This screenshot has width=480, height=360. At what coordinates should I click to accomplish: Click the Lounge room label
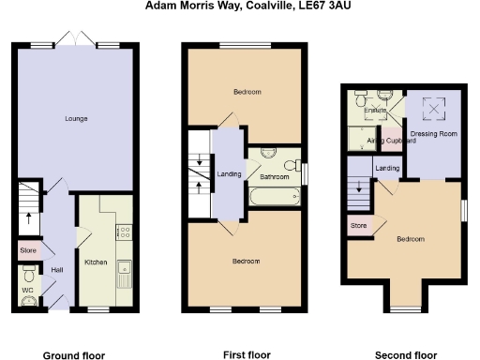click(x=76, y=118)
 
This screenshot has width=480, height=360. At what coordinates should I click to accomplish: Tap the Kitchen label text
click(x=97, y=262)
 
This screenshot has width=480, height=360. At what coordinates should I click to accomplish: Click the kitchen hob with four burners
click(x=123, y=232)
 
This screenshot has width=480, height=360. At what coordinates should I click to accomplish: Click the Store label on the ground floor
click(x=28, y=251)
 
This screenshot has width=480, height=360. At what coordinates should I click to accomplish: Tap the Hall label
click(x=57, y=270)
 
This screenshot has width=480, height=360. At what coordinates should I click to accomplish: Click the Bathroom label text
click(x=275, y=176)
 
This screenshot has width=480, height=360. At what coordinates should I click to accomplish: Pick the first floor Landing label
click(x=228, y=173)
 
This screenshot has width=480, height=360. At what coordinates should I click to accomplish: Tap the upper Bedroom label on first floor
click(x=247, y=91)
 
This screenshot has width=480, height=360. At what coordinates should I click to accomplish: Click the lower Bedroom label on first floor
click(x=247, y=260)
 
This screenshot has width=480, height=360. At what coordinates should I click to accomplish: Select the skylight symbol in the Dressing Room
click(x=433, y=109)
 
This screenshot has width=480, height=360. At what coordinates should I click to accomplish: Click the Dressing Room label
click(x=432, y=133)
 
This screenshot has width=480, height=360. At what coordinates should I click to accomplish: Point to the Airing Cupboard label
click(x=384, y=141)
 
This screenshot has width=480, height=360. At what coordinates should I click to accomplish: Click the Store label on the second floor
click(x=358, y=226)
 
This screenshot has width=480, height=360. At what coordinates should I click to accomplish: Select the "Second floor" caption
click(x=405, y=355)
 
